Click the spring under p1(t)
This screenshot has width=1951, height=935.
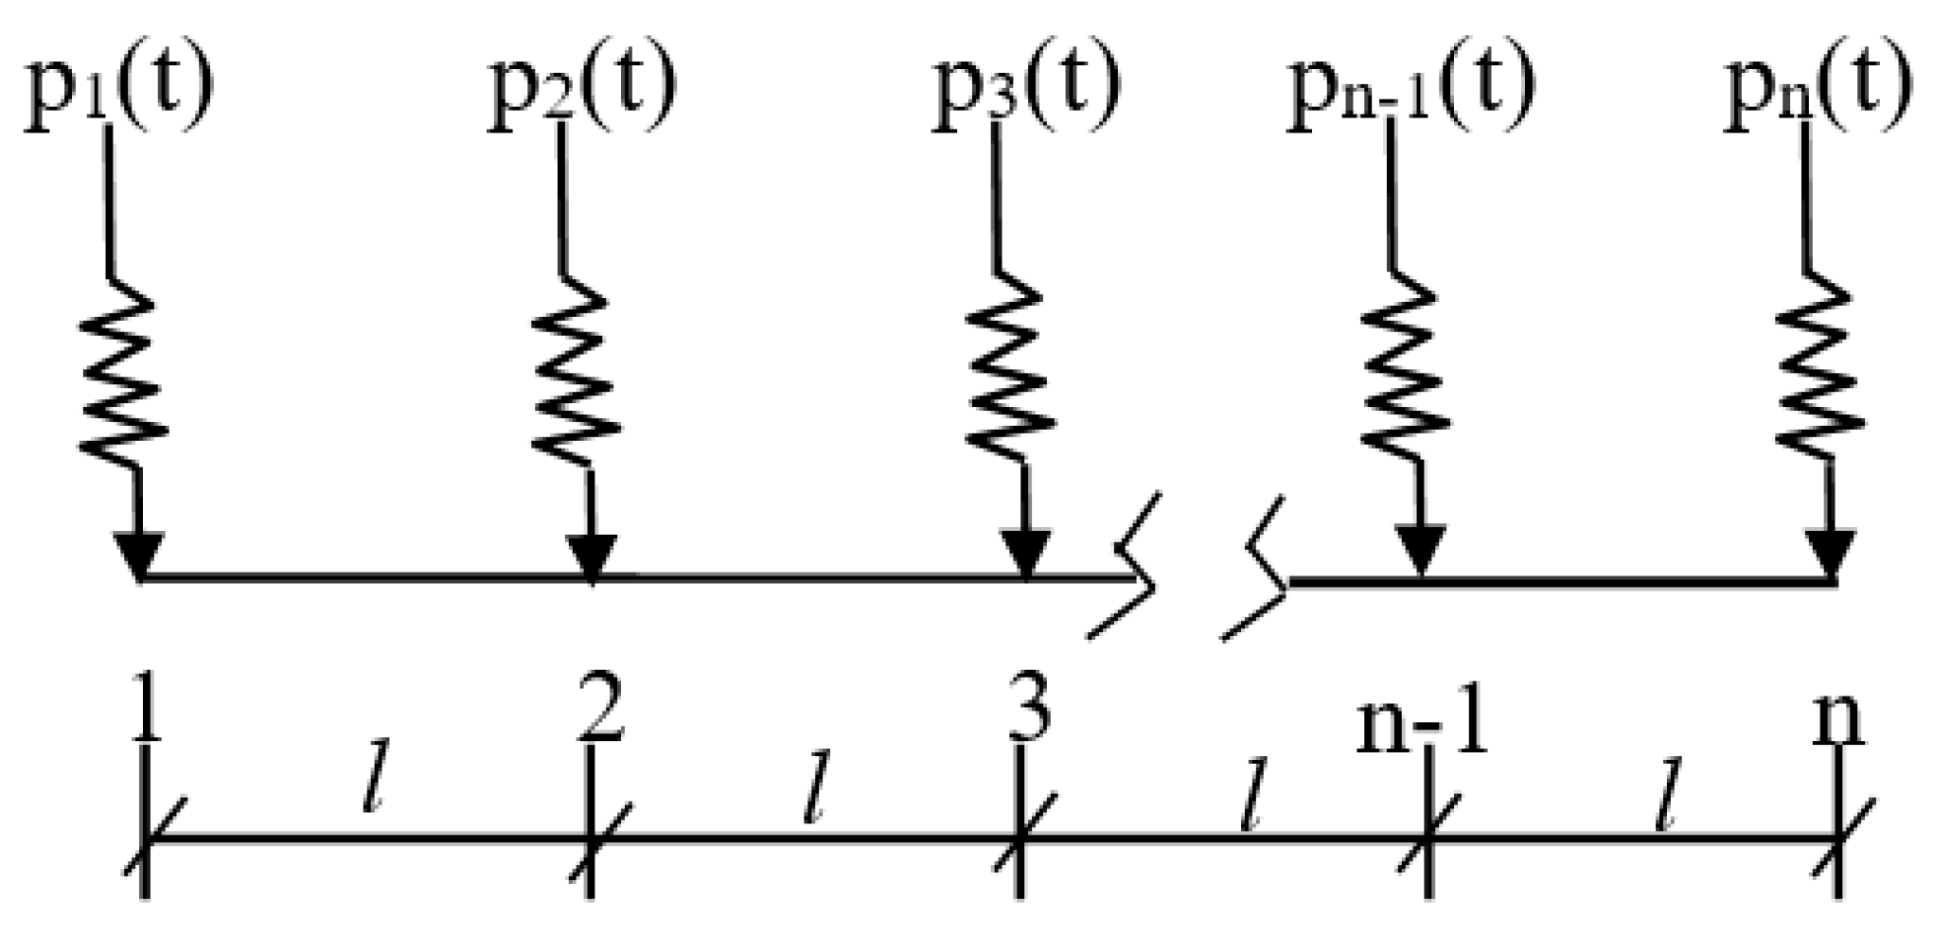(123, 374)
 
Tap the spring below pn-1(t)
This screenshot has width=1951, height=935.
(1405, 374)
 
